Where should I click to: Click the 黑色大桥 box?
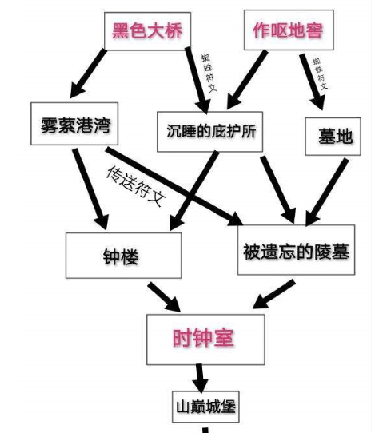(147, 31)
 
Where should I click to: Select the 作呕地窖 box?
(289, 30)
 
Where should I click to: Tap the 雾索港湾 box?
(74, 124)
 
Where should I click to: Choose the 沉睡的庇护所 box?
(209, 132)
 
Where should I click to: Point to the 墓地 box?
(333, 137)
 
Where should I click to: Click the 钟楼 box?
(124, 256)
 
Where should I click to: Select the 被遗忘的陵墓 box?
(296, 250)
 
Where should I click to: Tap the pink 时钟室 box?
(205, 340)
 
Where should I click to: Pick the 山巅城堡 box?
(205, 407)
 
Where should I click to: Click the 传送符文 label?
(136, 186)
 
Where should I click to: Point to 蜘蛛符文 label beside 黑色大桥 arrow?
(209, 73)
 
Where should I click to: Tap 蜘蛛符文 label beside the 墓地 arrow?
(321, 73)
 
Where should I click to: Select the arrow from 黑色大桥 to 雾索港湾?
(88, 73)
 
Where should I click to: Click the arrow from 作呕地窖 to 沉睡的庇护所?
(247, 80)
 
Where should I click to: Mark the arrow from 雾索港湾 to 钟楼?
(90, 189)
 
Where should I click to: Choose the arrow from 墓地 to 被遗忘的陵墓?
(327, 193)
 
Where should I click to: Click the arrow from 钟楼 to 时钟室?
(164, 297)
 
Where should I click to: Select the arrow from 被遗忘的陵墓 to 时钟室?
(274, 294)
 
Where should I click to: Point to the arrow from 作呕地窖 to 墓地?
(312, 82)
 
